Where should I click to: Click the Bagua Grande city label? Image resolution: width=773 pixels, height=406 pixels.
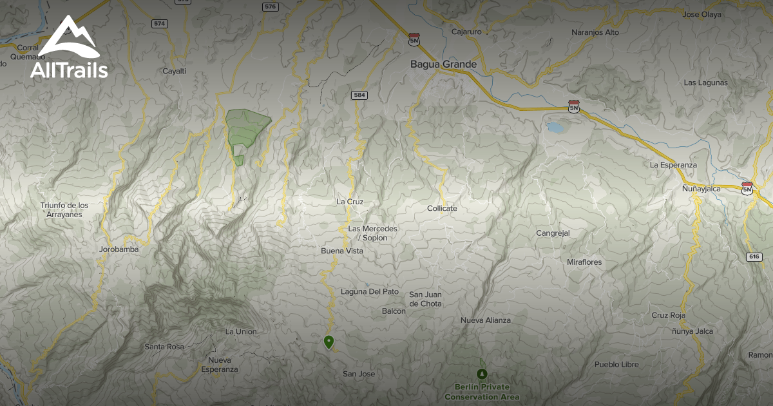[x=444, y=64]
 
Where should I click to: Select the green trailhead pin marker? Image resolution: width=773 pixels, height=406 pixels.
[x=329, y=342]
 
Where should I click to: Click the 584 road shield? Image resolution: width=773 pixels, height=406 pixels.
[x=359, y=95]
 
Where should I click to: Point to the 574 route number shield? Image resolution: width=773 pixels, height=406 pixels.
[x=160, y=23]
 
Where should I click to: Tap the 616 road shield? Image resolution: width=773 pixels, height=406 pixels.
[x=754, y=256]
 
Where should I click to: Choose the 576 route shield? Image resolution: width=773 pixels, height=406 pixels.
[x=271, y=6]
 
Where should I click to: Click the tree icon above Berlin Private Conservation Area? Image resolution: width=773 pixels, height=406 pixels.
[x=482, y=374]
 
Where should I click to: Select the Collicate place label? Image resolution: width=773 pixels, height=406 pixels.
[x=442, y=208]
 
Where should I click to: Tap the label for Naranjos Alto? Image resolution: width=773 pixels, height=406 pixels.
[x=595, y=32]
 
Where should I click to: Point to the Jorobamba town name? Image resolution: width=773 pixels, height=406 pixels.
[x=119, y=249]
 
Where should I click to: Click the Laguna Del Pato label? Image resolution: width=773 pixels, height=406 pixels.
[x=370, y=291]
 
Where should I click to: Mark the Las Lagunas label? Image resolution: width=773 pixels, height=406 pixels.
[x=705, y=82]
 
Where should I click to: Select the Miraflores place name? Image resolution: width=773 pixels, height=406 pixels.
[x=584, y=262]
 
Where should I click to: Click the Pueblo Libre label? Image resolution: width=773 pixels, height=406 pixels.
[x=616, y=364]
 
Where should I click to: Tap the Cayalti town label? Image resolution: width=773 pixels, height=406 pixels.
[x=174, y=71]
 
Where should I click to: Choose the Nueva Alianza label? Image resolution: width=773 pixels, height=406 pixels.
[x=485, y=320]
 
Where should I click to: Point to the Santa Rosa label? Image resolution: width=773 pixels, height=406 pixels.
[x=164, y=347]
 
